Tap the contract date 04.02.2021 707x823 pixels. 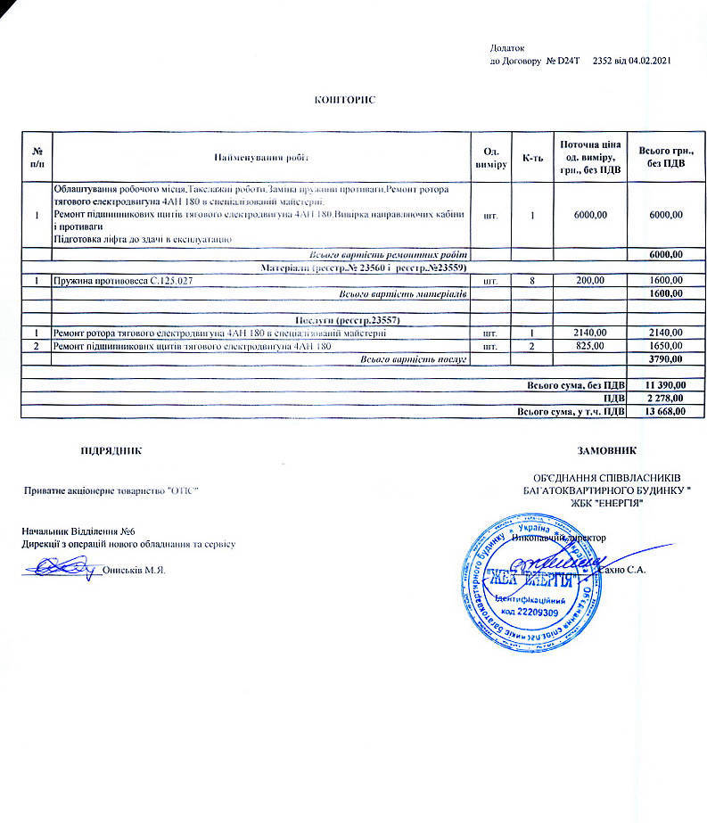click(x=647, y=61)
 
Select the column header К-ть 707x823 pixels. click(x=532, y=158)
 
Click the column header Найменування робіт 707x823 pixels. click(x=260, y=158)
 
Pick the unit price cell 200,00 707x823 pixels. click(x=589, y=281)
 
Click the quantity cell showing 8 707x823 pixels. click(x=532, y=281)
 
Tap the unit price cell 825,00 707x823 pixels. click(x=589, y=345)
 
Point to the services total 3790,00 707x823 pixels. click(x=666, y=358)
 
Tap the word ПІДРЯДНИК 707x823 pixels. click(x=111, y=451)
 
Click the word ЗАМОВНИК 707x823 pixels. click(x=609, y=451)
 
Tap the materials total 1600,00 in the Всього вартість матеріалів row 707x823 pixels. click(x=666, y=293)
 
